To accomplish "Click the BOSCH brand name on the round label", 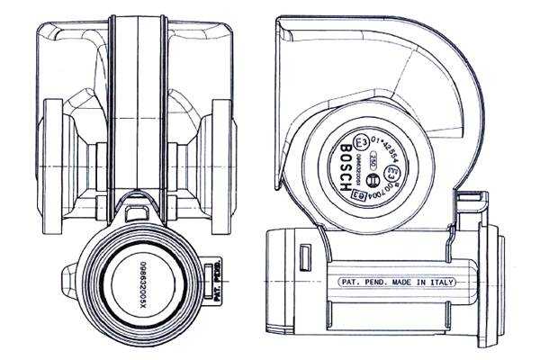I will (346, 167).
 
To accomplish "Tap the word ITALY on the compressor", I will (441, 282).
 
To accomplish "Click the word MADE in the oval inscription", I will (401, 282).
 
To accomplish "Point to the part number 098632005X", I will (142, 286).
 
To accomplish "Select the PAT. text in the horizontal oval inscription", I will (351, 282).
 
